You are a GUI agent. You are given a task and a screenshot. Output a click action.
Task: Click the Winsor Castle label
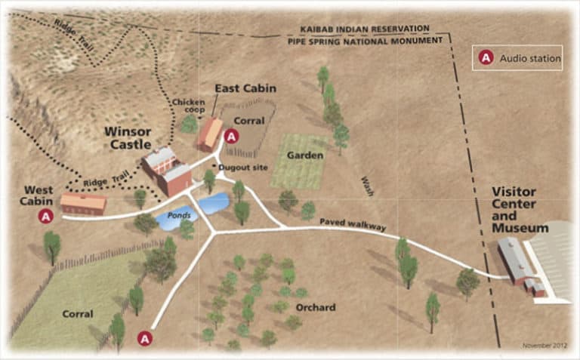pos(127,138)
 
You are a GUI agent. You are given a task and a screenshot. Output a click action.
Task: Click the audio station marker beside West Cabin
pos(46,217)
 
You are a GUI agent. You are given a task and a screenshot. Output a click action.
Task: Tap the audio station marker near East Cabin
pos(232,137)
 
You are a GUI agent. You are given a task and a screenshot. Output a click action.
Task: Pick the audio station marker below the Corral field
pos(144,338)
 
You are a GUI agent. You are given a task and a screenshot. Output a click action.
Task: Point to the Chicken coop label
pos(188,106)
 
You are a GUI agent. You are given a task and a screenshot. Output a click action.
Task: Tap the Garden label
pos(304,155)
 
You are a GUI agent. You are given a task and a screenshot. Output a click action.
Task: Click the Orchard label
pos(316,308)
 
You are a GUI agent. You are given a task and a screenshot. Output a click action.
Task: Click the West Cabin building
pos(83,203)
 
